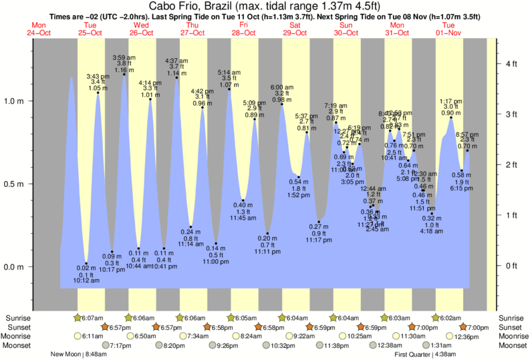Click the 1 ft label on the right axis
(x=511, y=215)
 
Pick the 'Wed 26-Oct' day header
(x=141, y=29)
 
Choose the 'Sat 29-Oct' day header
(x=295, y=29)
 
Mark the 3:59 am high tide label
(x=124, y=57)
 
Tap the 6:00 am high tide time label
(x=281, y=87)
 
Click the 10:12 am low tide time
(x=86, y=281)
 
